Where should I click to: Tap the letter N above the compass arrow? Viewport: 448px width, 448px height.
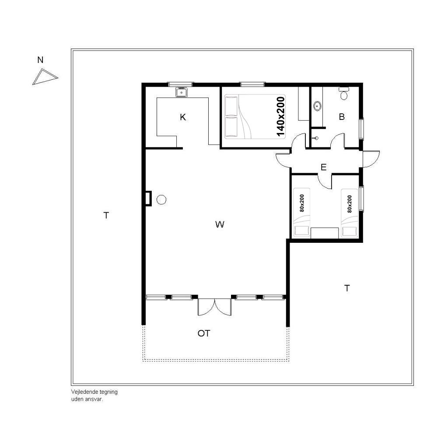[40, 60]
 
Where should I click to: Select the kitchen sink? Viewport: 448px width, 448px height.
[182, 92]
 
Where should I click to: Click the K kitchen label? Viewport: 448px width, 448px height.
[183, 117]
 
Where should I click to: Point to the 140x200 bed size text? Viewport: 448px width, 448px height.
[280, 116]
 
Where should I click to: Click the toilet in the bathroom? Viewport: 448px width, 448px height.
[344, 94]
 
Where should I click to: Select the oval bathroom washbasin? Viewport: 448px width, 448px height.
[317, 106]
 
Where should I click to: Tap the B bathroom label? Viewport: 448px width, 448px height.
[342, 116]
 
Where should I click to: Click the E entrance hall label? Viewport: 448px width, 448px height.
[323, 167]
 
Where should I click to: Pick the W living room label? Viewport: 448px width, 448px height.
[220, 224]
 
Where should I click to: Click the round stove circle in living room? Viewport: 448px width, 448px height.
[161, 199]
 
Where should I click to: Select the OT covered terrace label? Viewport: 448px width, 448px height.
[204, 333]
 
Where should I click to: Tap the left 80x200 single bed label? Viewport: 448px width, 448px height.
[302, 203]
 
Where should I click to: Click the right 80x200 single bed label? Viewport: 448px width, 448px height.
[350, 204]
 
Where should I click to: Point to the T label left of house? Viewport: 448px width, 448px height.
[106, 215]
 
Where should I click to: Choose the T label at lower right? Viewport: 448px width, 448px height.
[347, 288]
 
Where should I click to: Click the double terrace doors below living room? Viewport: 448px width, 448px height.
[214, 307]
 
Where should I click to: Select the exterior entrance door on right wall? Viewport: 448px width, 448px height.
[371, 159]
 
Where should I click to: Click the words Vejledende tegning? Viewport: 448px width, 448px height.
[94, 392]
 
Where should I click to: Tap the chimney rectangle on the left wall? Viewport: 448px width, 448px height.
[148, 198]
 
